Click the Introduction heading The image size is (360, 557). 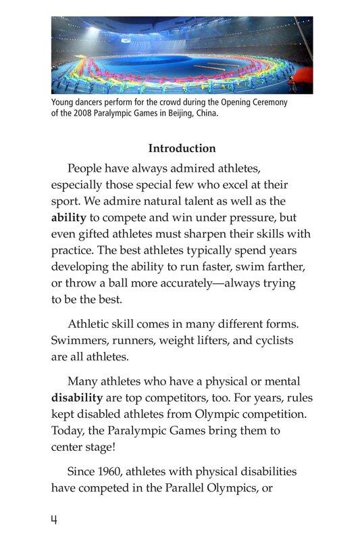[x=182, y=149]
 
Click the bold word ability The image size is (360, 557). [x=68, y=218]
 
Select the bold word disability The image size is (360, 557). [x=77, y=397]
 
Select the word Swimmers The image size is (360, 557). [x=80, y=339]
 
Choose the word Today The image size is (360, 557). [x=68, y=430]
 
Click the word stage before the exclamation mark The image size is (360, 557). [x=103, y=446]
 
